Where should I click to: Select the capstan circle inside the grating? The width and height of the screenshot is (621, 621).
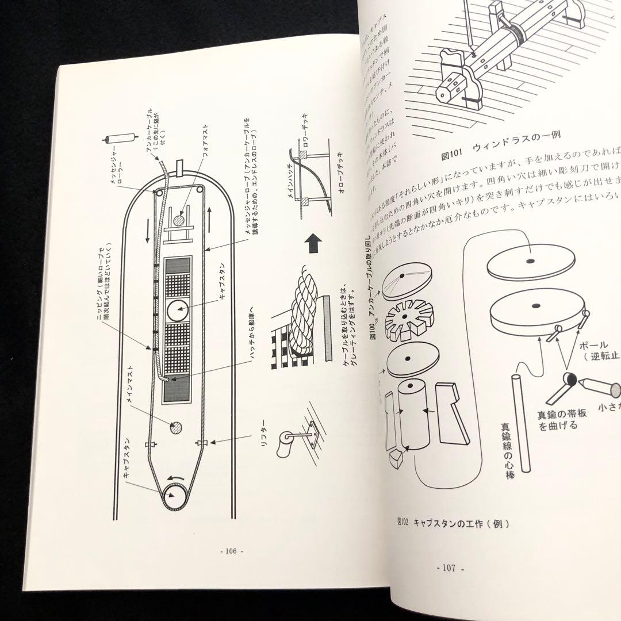point(178,311)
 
